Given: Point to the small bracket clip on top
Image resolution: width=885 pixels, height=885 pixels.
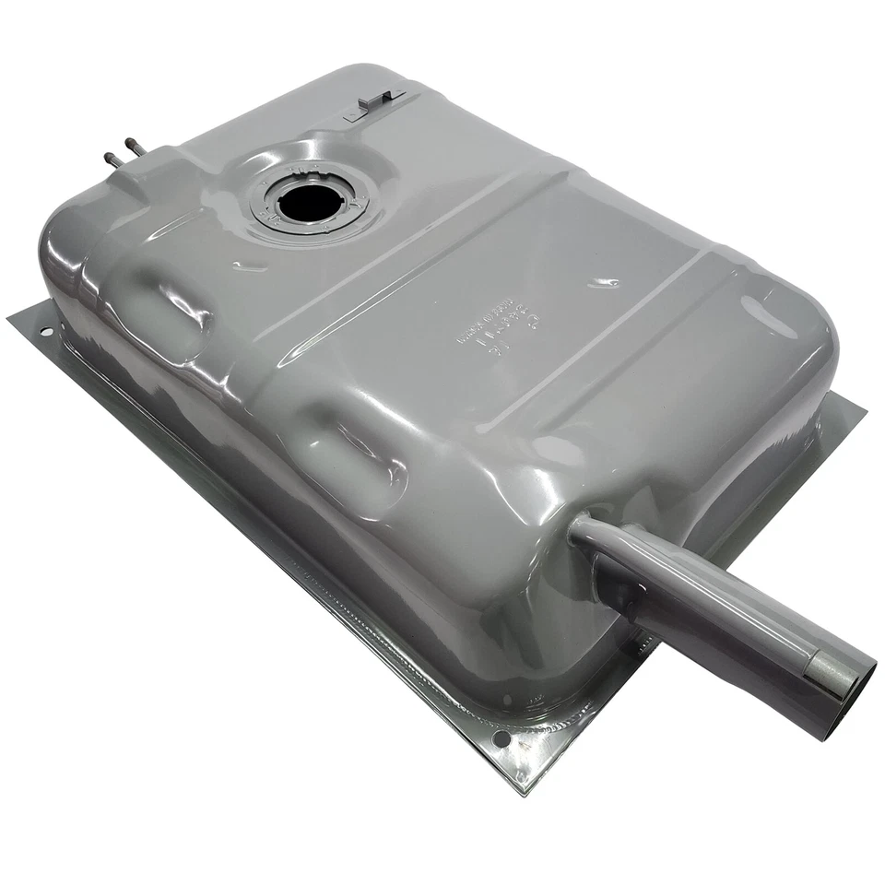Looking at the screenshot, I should point(373,104).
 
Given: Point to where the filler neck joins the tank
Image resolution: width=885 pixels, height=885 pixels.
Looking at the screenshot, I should point(585,535).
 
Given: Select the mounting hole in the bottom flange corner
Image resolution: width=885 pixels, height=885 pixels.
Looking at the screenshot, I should point(501,738).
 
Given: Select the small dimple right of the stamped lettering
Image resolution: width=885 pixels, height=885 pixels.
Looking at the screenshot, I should point(604,282).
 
